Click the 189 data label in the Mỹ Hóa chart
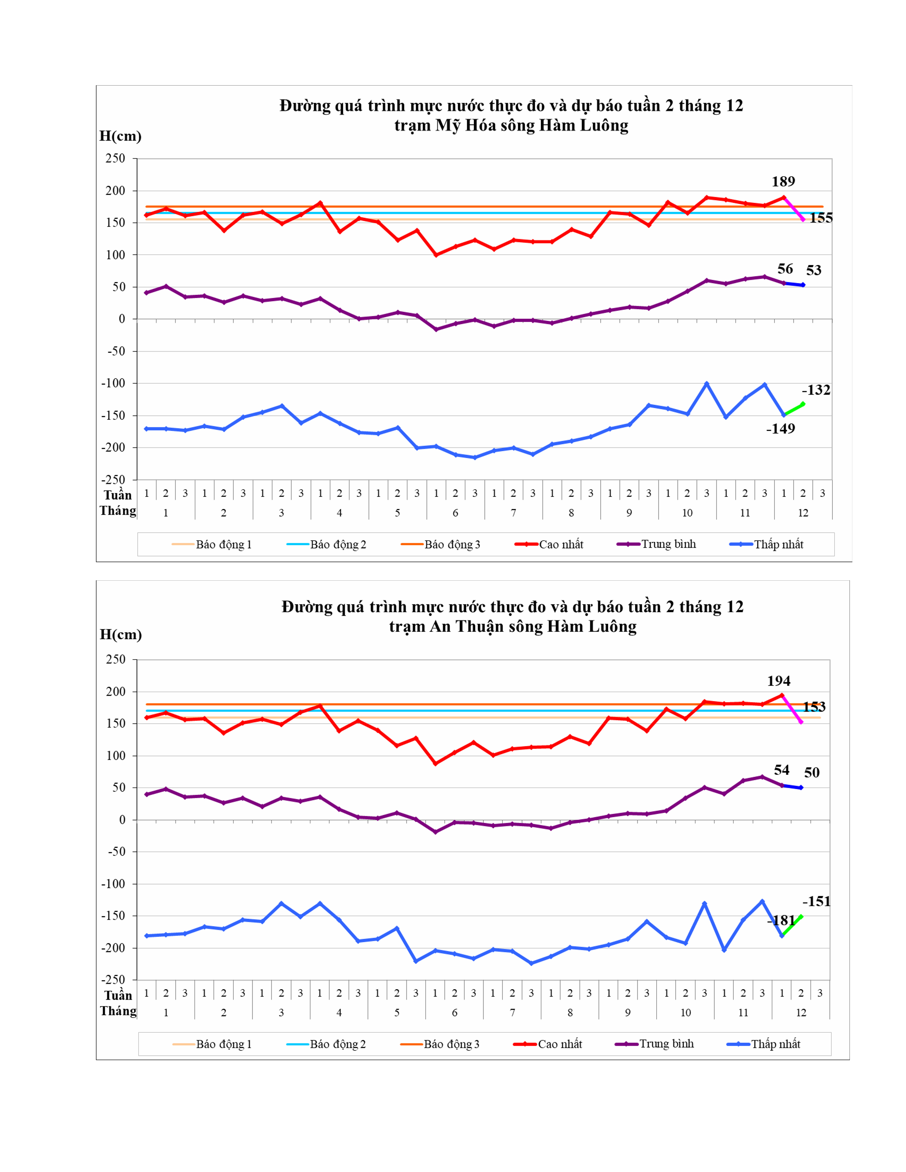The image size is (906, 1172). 783,181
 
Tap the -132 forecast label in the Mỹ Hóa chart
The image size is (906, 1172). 816,390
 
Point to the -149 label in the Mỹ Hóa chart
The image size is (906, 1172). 781,428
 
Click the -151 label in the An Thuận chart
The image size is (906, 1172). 816,901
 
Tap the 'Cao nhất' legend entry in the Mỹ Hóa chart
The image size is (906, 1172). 560,544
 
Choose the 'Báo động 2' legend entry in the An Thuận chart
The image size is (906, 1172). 337,1044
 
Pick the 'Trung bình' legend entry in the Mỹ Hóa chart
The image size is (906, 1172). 668,544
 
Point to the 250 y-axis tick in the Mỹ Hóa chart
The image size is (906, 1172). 115,158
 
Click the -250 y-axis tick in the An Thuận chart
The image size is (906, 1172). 113,980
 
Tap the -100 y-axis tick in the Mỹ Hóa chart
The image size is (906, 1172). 113,383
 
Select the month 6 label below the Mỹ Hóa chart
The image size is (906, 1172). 455,513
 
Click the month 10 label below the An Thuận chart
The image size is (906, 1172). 685,1013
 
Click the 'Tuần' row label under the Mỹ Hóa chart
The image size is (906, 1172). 118,494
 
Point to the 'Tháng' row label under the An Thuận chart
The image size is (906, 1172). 118,1011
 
